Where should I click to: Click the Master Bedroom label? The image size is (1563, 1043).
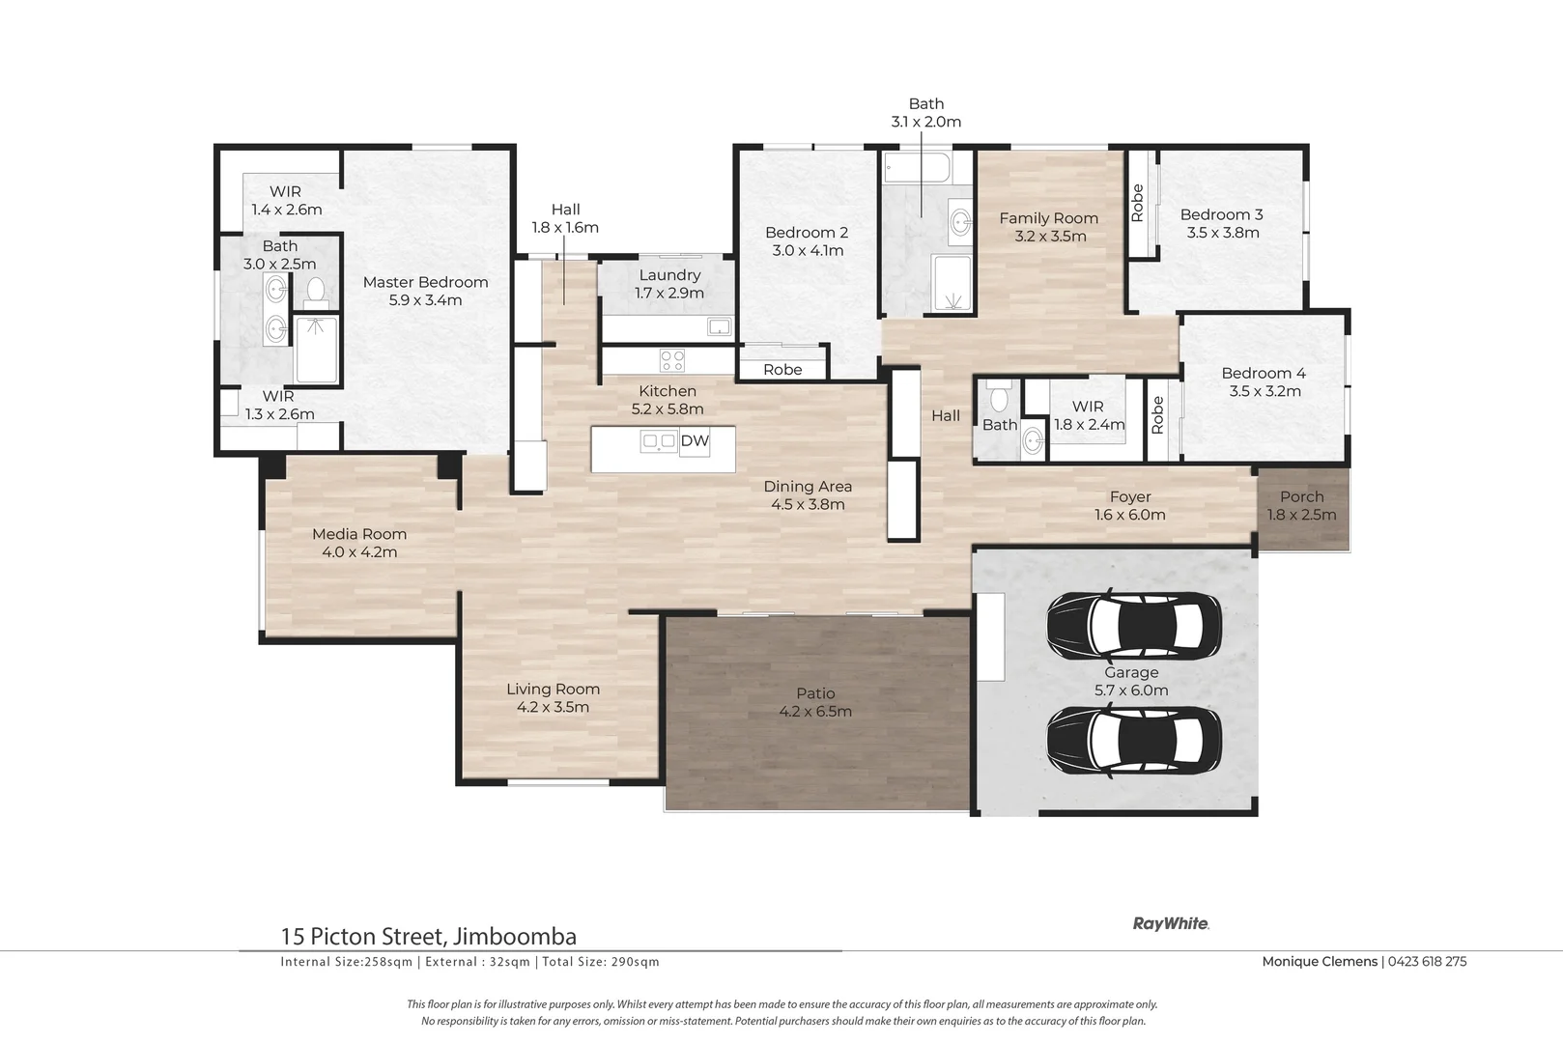[426, 283]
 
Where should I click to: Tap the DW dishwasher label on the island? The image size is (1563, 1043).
[695, 441]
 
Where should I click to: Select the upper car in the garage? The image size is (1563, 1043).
[1134, 625]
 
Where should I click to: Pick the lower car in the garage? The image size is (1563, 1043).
[1134, 740]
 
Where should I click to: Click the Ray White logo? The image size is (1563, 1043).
[1171, 923]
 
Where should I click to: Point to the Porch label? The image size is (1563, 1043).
[1302, 496]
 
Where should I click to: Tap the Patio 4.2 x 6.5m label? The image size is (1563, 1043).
[815, 702]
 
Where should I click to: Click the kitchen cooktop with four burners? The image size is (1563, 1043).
[672, 360]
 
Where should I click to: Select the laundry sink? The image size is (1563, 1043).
[719, 325]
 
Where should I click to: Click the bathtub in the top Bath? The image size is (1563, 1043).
[917, 168]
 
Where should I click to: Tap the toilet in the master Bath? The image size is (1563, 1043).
[316, 293]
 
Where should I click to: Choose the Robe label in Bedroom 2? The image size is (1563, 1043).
[782, 370]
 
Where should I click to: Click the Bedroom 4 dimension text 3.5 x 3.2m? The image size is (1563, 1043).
[1265, 391]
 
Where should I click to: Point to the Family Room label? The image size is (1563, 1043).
[1049, 218]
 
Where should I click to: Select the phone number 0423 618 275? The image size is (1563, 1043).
[1427, 961]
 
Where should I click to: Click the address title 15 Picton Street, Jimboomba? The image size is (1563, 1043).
[429, 936]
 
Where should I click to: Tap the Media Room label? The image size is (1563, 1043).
[359, 534]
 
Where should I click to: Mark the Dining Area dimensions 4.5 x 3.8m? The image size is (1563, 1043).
[808, 504]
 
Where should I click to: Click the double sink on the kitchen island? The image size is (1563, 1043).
[659, 441]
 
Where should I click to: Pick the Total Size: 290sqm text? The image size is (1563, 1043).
[601, 961]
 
